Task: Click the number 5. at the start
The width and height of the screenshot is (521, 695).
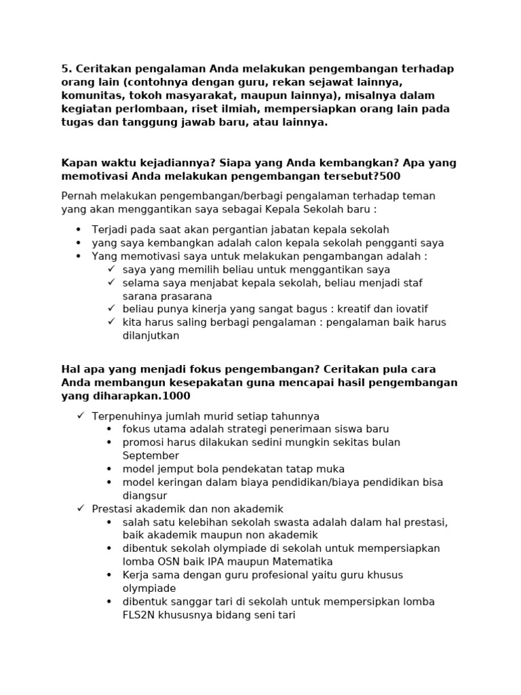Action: pyautogui.click(x=66, y=69)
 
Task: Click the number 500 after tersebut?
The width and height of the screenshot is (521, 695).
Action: pyautogui.click(x=390, y=176)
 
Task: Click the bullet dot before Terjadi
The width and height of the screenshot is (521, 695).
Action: pyautogui.click(x=79, y=230)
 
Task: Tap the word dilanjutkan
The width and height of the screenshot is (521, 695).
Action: pyautogui.click(x=151, y=335)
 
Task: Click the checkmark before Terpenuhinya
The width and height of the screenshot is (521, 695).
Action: pyautogui.click(x=79, y=415)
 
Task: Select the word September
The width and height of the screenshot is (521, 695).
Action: pyautogui.click(x=151, y=455)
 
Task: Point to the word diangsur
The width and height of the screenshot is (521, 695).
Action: pyautogui.click(x=145, y=495)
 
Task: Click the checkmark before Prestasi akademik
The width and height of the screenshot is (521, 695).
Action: pyautogui.click(x=79, y=508)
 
